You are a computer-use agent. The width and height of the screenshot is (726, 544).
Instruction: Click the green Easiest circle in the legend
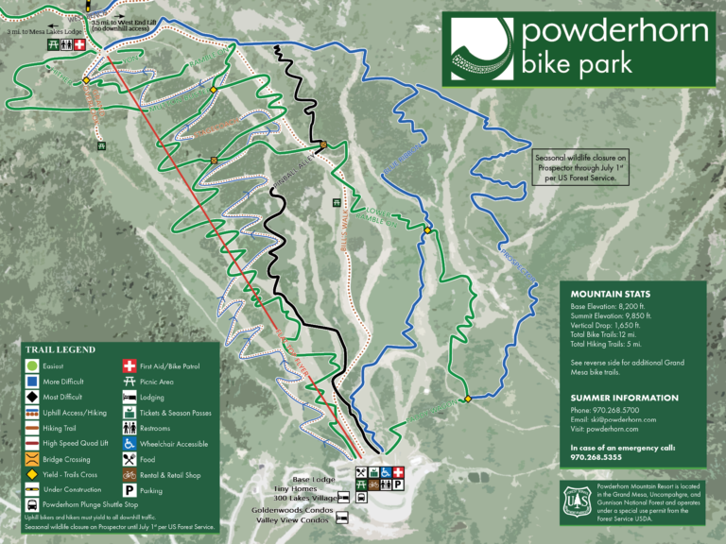click(31, 365)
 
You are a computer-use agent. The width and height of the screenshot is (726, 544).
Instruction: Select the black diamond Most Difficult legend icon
click(31, 398)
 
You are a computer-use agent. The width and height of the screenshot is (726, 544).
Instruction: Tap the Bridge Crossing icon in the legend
click(31, 459)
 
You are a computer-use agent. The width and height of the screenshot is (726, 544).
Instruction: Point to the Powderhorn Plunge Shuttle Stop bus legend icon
click(31, 505)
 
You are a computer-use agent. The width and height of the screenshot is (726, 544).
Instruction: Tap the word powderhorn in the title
click(614, 32)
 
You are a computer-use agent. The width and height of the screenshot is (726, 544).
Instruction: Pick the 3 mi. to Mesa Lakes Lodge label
click(42, 31)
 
